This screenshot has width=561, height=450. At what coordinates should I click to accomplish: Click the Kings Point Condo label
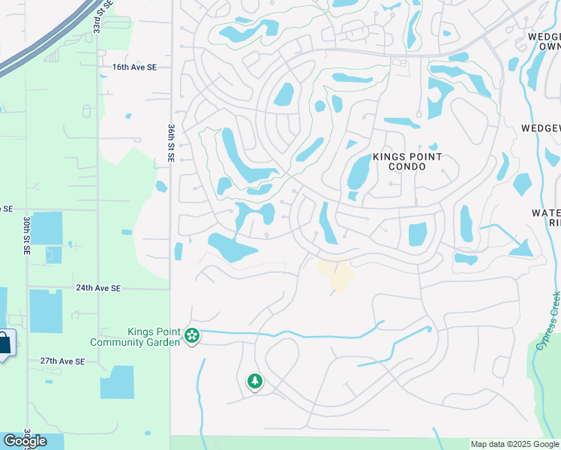click(407, 161)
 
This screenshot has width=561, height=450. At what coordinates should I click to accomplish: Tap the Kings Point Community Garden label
click(135, 337)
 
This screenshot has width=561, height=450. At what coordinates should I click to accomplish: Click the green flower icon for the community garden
click(193, 335)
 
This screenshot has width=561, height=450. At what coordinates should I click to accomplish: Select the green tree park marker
click(255, 382)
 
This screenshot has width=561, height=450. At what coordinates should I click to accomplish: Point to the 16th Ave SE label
click(134, 67)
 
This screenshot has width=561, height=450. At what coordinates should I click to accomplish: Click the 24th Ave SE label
click(98, 288)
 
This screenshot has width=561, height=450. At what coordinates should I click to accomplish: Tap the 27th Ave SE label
click(63, 361)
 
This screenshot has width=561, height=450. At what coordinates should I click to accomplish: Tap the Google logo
click(25, 441)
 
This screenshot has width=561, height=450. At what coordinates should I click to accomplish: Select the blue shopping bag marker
click(4, 344)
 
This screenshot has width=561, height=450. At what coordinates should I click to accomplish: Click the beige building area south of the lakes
click(337, 274)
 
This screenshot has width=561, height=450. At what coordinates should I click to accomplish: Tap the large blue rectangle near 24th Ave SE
click(46, 310)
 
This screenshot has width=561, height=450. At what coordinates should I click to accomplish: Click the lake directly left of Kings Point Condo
click(358, 172)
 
